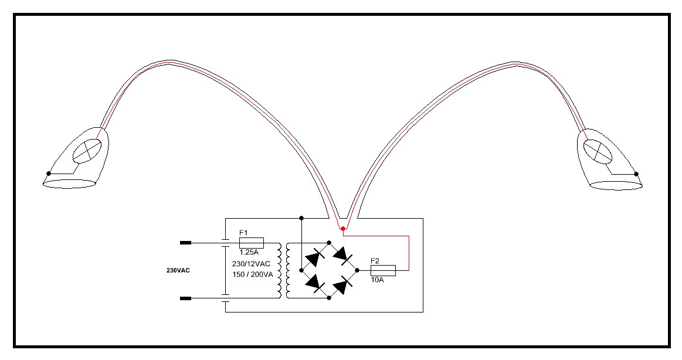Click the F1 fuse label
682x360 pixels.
243,233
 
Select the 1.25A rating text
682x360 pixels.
249,252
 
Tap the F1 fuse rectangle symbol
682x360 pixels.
252,243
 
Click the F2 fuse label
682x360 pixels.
375,261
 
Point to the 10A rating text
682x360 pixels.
377,280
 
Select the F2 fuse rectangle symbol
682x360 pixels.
383,270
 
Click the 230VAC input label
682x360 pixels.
178,270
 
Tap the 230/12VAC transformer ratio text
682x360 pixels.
251,264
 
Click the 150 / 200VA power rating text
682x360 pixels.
253,275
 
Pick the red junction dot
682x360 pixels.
342,228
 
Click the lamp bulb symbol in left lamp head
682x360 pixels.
87,151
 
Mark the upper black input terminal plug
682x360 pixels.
186,243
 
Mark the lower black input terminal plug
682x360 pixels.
186,298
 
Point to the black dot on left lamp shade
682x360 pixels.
48,174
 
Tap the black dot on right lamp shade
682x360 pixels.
636,174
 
